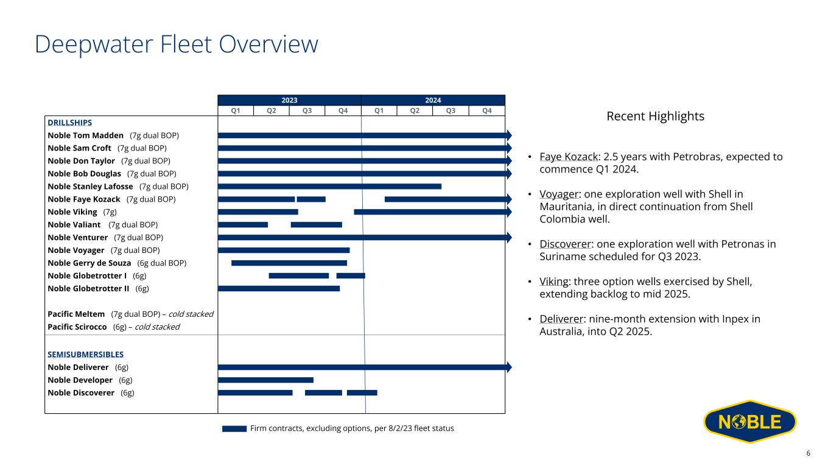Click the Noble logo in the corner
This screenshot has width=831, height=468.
tap(750, 422)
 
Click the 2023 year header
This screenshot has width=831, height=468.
tap(289, 101)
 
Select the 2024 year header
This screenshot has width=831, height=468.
tap(433, 101)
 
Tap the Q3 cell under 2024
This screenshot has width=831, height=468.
tap(451, 111)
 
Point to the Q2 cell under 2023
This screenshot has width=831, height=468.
tap(271, 111)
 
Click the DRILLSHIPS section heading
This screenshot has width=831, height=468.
tap(70, 122)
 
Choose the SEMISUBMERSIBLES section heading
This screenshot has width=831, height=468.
tap(86, 354)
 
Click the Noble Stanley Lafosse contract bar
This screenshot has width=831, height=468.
tap(329, 186)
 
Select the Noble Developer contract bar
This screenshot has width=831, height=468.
tap(265, 380)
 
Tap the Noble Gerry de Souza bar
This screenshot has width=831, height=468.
tap(289, 263)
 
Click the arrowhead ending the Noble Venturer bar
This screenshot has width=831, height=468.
tap(509, 237)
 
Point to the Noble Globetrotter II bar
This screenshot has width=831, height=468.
tap(279, 289)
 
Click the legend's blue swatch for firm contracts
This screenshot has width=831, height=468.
tap(234, 428)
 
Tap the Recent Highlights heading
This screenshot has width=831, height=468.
tap(655, 116)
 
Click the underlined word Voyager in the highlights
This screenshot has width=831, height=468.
tap(559, 194)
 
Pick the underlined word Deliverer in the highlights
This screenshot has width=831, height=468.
tap(561, 319)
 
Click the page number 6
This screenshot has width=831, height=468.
tap(808, 453)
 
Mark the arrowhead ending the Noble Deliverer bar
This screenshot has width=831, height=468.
tap(509, 367)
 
